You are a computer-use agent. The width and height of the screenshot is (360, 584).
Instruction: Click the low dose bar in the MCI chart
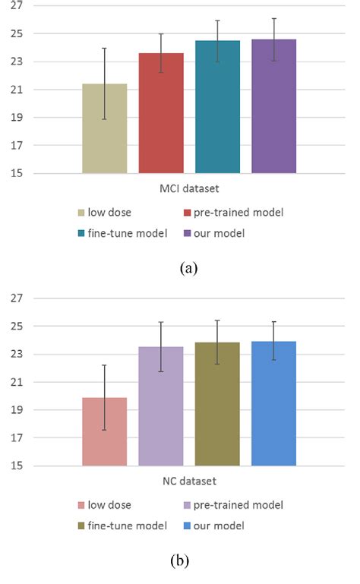[x=105, y=129]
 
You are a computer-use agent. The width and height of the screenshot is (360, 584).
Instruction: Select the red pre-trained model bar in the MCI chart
[x=161, y=114]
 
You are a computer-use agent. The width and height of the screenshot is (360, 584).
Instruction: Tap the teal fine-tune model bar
[x=217, y=107]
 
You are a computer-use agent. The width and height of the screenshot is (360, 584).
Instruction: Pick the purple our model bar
[x=273, y=106]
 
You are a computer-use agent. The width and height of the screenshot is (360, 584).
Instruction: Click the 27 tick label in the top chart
[x=17, y=6]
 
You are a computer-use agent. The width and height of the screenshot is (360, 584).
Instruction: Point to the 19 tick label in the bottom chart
[x=17, y=410]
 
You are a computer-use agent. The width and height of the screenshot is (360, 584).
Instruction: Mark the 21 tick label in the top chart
[x=17, y=90]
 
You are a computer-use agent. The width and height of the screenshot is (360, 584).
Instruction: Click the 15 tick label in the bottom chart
[x=17, y=466]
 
